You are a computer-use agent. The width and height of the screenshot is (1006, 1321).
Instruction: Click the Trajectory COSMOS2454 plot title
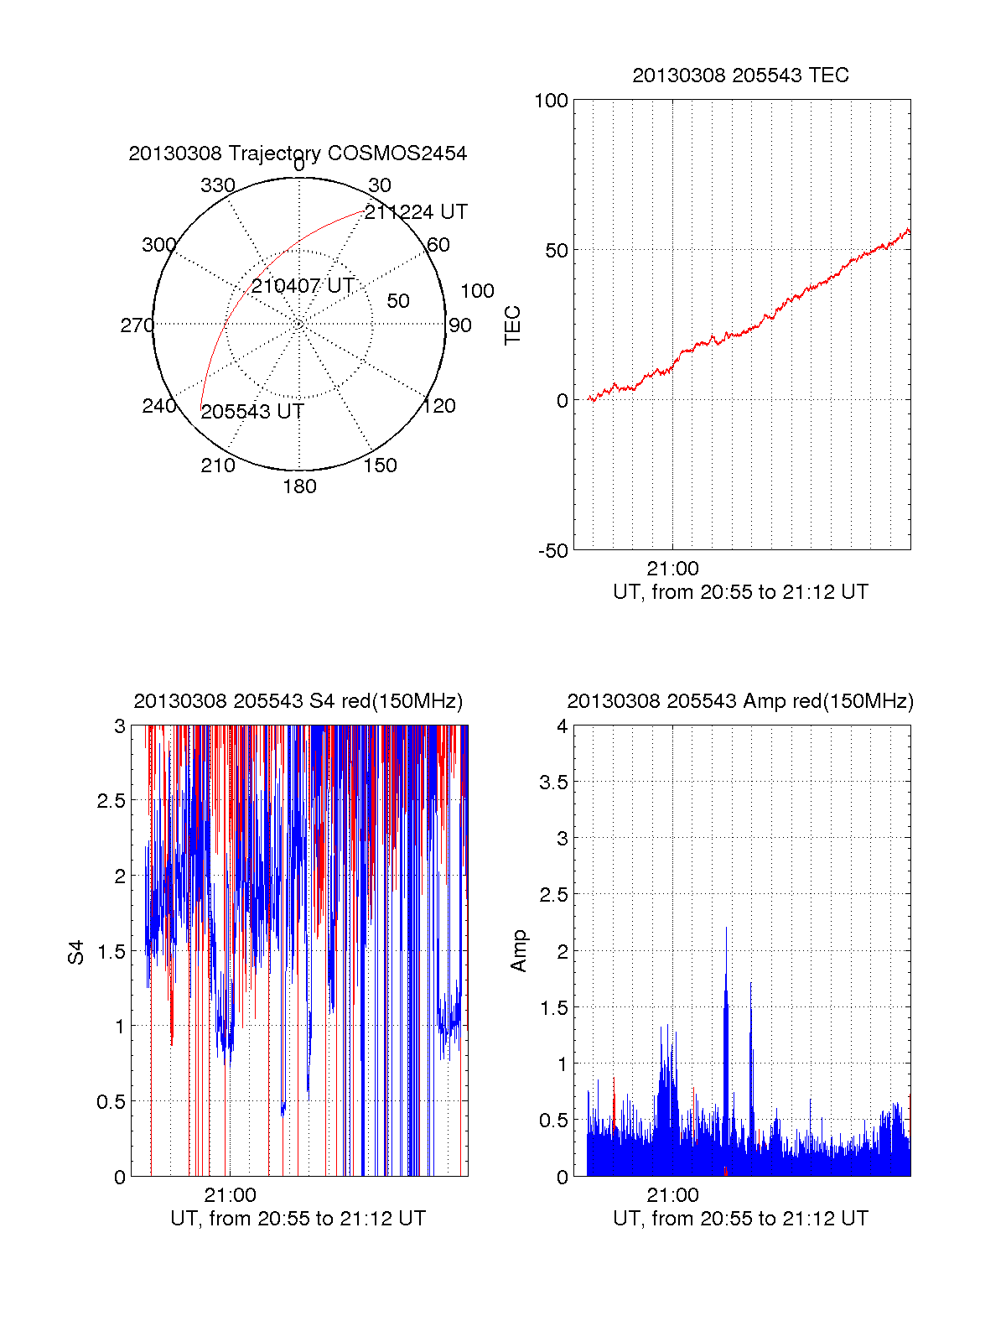298,153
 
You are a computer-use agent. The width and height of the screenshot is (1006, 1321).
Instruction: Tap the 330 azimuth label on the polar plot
218,185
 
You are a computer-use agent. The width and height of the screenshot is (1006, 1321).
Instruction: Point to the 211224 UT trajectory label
416,212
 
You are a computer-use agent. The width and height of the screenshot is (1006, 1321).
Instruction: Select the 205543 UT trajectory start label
252,412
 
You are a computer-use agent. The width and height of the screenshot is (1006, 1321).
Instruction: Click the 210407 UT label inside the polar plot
303,286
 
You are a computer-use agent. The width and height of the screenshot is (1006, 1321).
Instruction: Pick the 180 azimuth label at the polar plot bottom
299,486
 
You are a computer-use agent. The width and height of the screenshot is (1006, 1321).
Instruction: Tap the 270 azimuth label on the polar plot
137,325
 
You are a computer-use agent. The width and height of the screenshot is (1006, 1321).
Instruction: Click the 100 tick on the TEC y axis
551,101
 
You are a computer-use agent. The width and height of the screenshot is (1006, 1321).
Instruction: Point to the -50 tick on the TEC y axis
552,551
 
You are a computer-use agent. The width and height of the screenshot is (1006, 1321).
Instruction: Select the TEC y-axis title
512,325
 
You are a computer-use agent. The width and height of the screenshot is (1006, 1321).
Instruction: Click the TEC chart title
740,75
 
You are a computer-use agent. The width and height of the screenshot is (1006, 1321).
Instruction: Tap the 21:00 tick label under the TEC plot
672,569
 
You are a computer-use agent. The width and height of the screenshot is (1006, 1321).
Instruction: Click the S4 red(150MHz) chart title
298,701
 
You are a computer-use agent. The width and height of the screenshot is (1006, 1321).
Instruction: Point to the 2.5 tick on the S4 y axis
111,801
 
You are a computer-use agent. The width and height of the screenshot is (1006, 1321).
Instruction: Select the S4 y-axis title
76,952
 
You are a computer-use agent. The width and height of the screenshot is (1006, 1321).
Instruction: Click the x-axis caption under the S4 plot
298,1219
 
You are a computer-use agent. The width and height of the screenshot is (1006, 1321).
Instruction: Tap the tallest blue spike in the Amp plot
726,929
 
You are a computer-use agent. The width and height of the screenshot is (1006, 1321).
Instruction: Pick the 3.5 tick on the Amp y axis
553,783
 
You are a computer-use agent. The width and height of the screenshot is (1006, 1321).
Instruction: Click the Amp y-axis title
519,951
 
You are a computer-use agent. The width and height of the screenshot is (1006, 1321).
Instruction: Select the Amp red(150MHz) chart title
740,701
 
